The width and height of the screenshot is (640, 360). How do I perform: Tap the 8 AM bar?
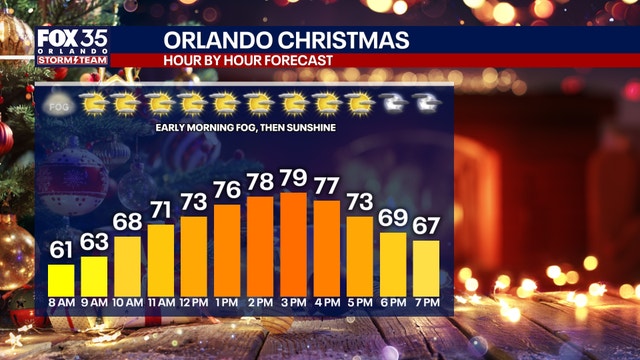(x=61, y=280)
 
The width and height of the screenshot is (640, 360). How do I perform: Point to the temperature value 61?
(x=61, y=250)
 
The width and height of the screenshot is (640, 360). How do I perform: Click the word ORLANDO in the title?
(x=216, y=41)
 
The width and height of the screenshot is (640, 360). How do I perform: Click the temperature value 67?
(x=426, y=226)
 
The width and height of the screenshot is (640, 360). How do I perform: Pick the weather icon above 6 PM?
(x=392, y=102)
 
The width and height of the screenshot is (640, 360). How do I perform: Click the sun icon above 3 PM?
(x=294, y=102)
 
